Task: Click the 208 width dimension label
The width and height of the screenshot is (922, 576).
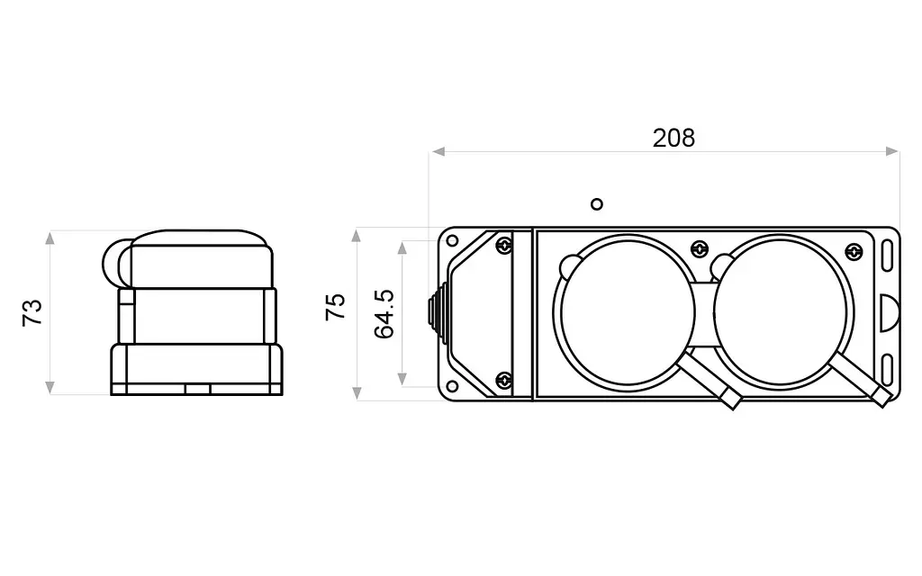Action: (673, 138)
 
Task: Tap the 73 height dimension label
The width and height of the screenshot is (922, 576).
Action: (33, 312)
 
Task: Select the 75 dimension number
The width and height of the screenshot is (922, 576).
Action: (336, 307)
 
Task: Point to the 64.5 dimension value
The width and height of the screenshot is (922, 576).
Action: (384, 314)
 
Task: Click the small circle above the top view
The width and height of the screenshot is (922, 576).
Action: (597, 204)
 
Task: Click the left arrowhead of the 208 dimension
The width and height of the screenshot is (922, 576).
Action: (438, 151)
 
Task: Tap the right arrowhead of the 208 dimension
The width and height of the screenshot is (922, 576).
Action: (892, 151)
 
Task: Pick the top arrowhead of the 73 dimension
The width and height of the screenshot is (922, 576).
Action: (50, 238)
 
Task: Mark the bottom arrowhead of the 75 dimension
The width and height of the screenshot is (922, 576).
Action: (357, 393)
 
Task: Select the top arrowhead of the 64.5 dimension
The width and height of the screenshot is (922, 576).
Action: (402, 247)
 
